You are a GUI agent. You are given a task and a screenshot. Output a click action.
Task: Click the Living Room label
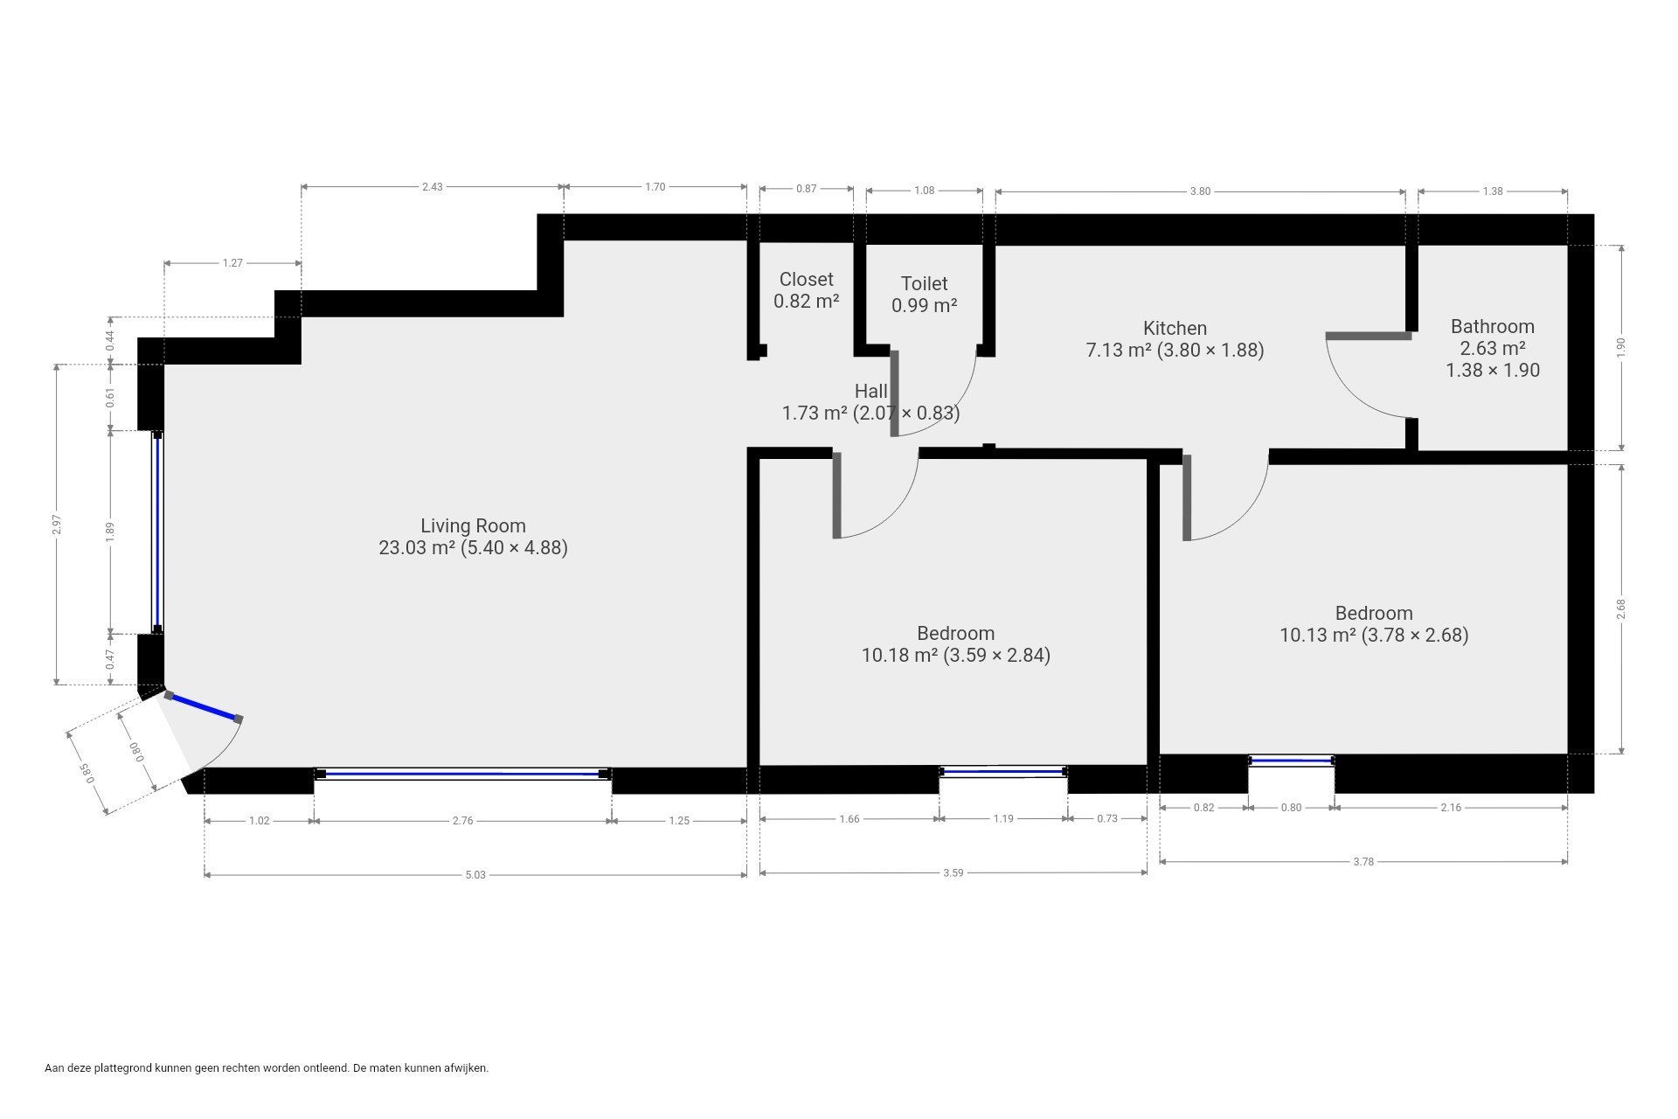pos(473,525)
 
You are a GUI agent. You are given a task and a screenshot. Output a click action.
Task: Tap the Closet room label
pos(806,279)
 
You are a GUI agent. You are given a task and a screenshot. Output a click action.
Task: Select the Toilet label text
pos(924,283)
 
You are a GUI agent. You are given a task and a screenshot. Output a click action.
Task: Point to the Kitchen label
pos(1175,328)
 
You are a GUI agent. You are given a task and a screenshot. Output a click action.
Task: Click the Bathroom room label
pos(1492,326)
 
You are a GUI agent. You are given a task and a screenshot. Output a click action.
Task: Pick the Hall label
pos(870,391)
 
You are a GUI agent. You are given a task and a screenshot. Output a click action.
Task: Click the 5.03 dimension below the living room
pos(475,874)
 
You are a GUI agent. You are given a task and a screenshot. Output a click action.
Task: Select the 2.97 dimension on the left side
pos(57,524)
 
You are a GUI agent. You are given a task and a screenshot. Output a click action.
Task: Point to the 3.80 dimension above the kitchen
pos(1200,191)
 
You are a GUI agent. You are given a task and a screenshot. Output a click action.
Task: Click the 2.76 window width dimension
pos(462,821)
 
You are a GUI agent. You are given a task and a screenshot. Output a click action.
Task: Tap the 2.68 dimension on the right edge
pos(1622,608)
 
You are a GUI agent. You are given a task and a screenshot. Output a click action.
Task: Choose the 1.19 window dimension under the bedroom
pos(1003,818)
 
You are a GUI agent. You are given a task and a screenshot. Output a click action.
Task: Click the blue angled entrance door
pos(203,706)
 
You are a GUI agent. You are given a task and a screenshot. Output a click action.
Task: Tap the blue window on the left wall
pos(157,531)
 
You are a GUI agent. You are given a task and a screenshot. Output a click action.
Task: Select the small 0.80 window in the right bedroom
pos(1291,761)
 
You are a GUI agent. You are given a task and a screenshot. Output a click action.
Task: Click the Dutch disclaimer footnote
pos(267,1067)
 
